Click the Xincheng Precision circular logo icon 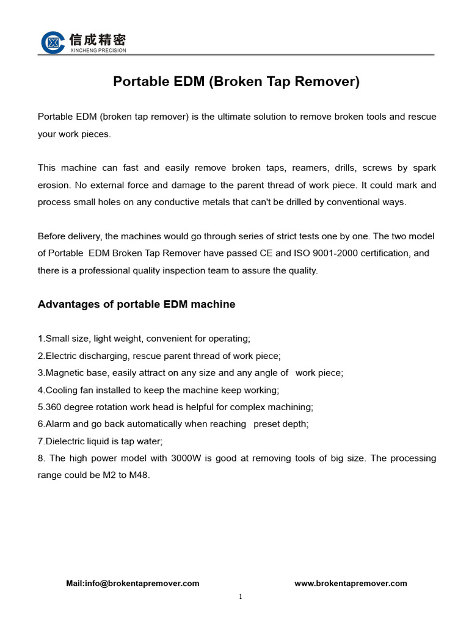(x=53, y=42)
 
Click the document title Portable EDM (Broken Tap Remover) (x=236, y=81)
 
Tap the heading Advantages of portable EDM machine (x=136, y=304)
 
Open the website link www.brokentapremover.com (x=351, y=583)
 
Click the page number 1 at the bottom (x=241, y=597)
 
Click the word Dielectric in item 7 (x=67, y=441)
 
